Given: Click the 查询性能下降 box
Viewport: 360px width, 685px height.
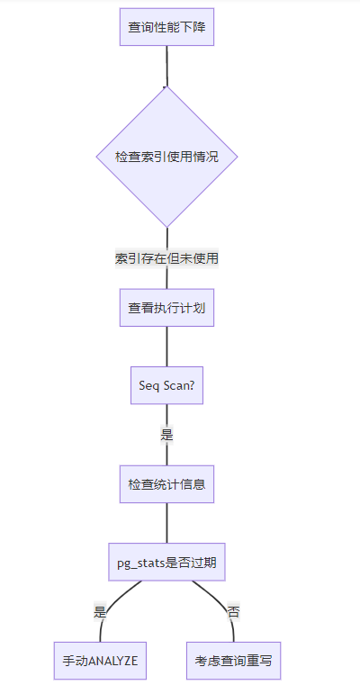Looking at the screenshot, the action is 166,27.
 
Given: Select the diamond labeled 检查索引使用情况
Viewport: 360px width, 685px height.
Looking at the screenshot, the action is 166,157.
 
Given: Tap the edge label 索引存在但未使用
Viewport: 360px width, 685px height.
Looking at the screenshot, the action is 166,258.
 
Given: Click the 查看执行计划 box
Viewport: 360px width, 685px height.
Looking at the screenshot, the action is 166,308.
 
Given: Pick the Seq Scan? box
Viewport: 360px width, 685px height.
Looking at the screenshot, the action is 166,385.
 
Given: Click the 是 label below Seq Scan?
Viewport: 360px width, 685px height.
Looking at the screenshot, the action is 166,435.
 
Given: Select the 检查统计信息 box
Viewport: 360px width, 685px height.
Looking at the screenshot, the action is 166,484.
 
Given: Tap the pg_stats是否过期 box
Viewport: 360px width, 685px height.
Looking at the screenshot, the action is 166,562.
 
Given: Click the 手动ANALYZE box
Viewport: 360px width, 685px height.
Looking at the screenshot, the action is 100,661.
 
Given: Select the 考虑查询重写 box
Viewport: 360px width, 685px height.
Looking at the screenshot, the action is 233,661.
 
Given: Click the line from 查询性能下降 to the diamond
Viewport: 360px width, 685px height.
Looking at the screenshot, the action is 166,66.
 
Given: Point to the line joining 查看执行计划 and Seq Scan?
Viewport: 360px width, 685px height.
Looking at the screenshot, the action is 166,347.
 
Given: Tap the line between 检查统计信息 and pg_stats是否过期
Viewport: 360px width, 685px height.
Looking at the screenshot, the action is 166,523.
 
